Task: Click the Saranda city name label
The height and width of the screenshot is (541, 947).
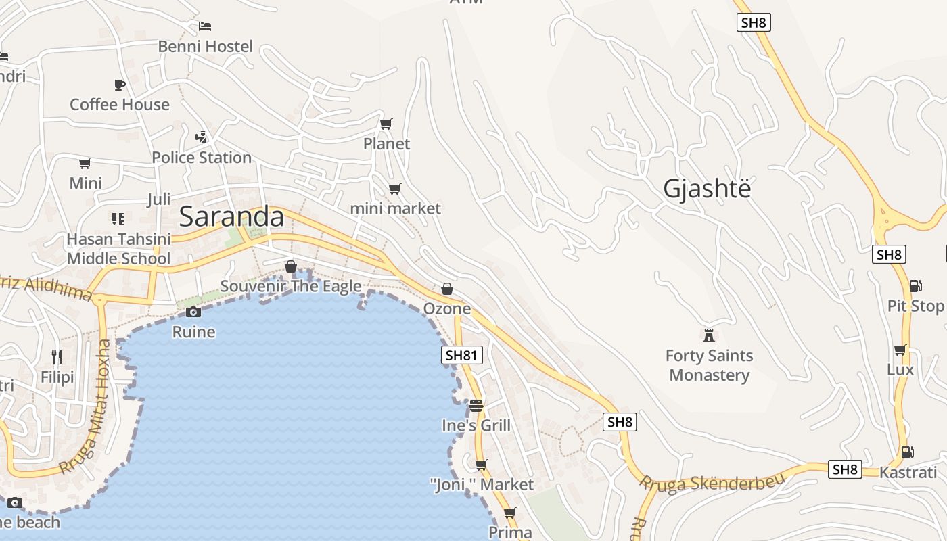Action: pos(231,216)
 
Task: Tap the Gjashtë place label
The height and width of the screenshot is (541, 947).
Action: pos(707,189)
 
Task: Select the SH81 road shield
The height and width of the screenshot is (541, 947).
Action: pos(462,355)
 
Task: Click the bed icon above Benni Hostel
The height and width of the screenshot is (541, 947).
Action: pos(205,26)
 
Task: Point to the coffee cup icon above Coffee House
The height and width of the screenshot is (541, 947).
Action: pos(120,85)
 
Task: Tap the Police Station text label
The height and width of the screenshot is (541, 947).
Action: pos(202,158)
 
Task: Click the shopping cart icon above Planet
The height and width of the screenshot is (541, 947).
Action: pos(386,124)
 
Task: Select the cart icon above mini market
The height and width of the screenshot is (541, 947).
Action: pos(394,189)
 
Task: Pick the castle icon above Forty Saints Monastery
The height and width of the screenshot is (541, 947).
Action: pos(709,335)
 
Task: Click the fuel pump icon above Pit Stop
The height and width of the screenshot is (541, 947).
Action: pos(915,286)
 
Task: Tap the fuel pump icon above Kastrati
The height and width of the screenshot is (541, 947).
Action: pos(907,452)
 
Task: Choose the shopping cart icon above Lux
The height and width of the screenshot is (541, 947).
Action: pos(900,350)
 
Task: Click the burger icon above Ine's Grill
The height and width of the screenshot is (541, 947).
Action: pos(476,405)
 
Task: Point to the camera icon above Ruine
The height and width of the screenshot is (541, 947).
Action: pos(193,312)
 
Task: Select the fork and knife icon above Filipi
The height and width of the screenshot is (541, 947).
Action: pos(57,356)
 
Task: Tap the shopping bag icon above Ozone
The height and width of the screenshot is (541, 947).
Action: pos(446,289)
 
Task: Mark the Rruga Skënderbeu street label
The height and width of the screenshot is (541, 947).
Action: pos(712,482)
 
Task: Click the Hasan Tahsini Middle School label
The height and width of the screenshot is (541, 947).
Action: pos(118,249)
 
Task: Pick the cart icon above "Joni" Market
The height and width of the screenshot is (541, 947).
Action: pos(482,465)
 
